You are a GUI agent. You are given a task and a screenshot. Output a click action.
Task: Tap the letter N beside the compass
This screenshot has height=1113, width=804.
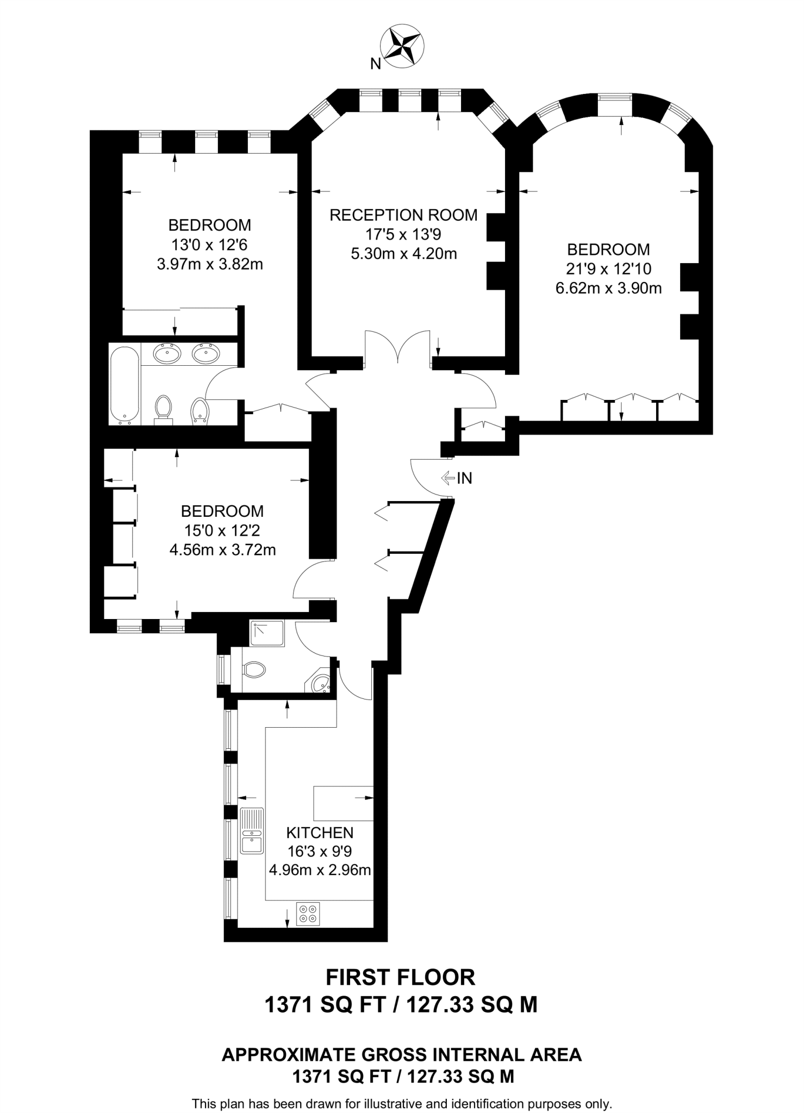375,64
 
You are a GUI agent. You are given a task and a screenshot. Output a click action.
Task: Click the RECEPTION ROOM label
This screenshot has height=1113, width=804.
403,215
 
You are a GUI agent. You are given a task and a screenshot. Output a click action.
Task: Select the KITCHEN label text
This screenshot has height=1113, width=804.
320,833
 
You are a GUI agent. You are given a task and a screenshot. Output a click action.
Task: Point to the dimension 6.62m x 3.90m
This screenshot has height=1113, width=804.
608,288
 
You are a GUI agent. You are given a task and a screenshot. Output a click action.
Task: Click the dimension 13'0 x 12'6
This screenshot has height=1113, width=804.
209,245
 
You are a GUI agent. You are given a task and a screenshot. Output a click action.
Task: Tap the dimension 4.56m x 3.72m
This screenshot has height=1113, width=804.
222,550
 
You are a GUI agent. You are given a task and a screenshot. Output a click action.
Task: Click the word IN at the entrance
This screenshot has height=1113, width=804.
465,478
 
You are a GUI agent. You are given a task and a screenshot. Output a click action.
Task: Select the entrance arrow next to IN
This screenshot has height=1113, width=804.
448,478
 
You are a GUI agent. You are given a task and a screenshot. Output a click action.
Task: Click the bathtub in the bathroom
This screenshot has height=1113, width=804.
124,386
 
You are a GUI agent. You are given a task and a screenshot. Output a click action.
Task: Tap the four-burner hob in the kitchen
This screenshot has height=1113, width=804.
308,914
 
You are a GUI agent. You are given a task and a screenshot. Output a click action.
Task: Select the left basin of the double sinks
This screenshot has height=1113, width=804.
167,354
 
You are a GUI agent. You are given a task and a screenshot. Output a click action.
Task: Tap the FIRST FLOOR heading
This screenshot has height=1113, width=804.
401,977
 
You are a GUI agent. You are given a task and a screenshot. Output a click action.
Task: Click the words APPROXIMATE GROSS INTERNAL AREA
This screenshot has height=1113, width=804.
402,1055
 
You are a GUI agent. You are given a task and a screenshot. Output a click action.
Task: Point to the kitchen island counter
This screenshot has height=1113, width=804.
344,803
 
